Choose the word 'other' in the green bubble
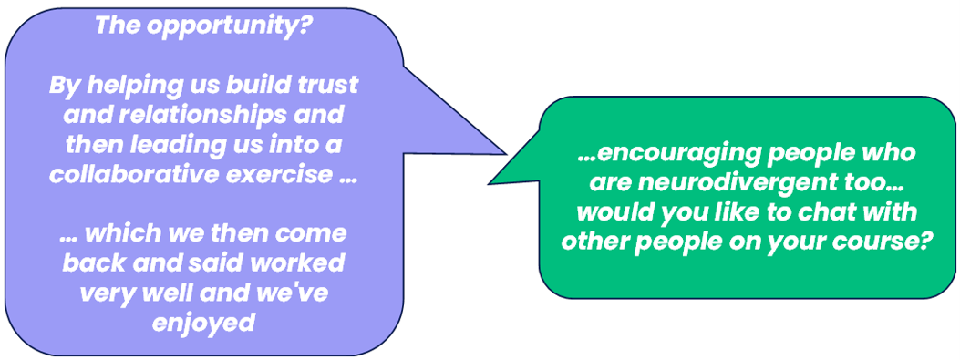click(592, 243)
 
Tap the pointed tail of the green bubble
click(489, 182)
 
